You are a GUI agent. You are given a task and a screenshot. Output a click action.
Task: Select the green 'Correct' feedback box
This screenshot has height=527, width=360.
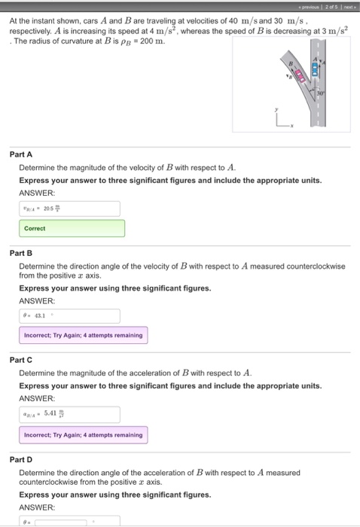(72, 228)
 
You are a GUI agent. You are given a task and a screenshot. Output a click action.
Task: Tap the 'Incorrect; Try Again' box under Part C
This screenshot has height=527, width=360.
(83, 434)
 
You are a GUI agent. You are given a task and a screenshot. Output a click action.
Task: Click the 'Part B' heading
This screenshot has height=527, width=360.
(21, 253)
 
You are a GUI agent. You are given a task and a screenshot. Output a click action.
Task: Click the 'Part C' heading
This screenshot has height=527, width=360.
(21, 360)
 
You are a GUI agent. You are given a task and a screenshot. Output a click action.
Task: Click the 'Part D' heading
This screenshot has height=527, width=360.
(21, 458)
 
